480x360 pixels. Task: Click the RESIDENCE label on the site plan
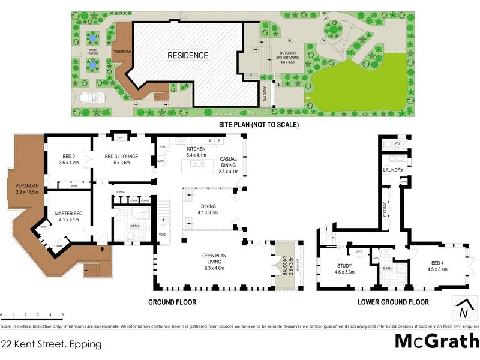(188, 56)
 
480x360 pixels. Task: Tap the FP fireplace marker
(120, 138)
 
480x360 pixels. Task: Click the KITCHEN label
(196, 149)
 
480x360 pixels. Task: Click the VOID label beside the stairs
(163, 235)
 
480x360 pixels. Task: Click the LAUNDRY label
(393, 170)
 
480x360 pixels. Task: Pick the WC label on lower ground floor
(397, 144)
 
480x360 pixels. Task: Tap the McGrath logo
(436, 341)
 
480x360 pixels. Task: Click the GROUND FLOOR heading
(172, 302)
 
